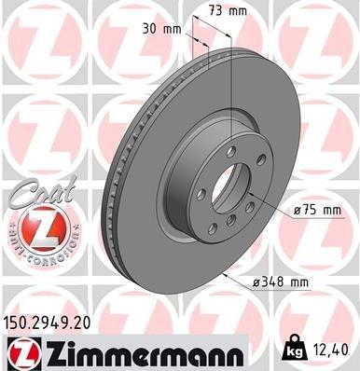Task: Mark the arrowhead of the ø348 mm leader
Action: pyautogui.click(x=226, y=277)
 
